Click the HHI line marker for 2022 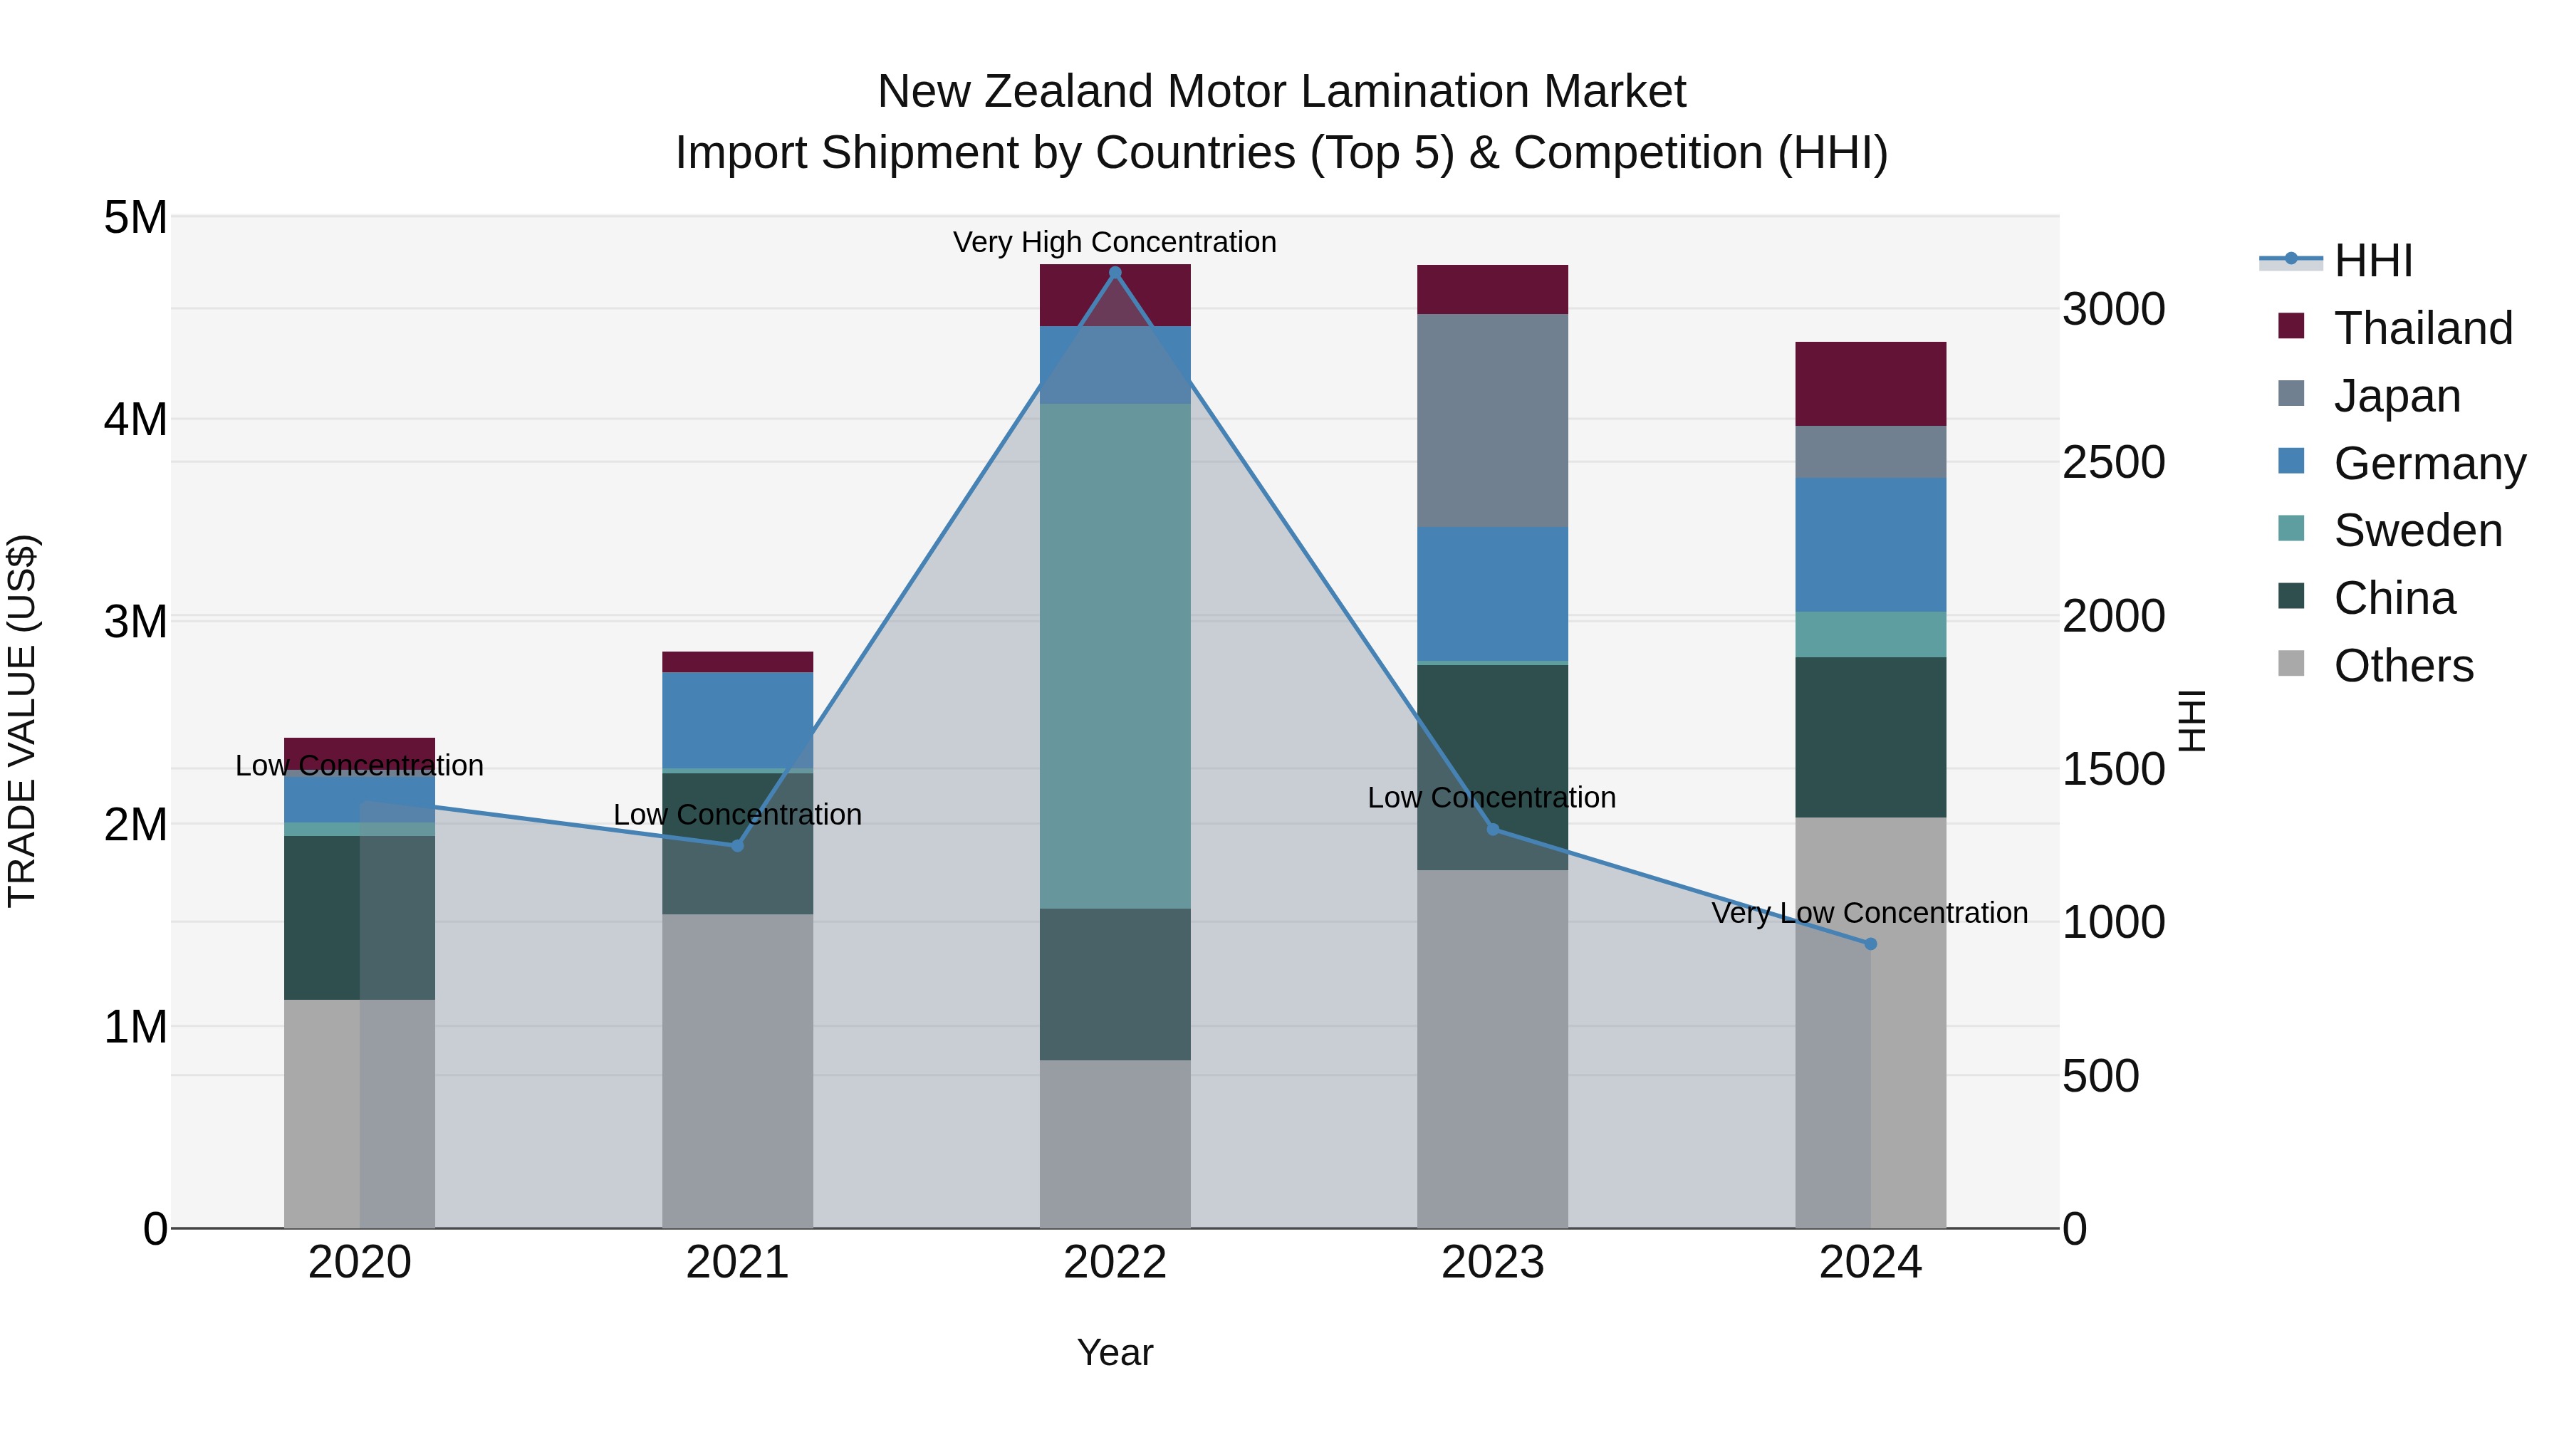pyautogui.click(x=1115, y=273)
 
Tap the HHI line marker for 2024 pyautogui.click(x=1870, y=944)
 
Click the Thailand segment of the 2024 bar pyautogui.click(x=1870, y=384)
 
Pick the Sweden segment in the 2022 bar pyautogui.click(x=1115, y=656)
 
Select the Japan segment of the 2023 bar pyautogui.click(x=1492, y=420)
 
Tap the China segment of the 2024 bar pyautogui.click(x=1870, y=736)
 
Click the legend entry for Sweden pyautogui.click(x=2417, y=531)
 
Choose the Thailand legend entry pyautogui.click(x=2423, y=328)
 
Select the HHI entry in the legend pyautogui.click(x=2373, y=261)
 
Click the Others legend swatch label pyautogui.click(x=2403, y=666)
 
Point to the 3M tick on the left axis pyautogui.click(x=135, y=622)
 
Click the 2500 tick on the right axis pyautogui.click(x=2112, y=463)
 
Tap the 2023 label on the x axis pyautogui.click(x=1492, y=1263)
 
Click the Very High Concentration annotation pyautogui.click(x=1115, y=242)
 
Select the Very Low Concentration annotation pyautogui.click(x=1870, y=913)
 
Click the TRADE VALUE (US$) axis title pyautogui.click(x=23, y=721)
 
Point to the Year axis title pyautogui.click(x=1115, y=1352)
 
